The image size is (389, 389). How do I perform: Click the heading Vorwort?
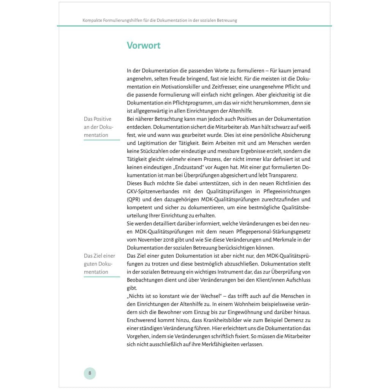pos(144,46)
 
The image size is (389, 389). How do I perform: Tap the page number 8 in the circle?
pos(90,373)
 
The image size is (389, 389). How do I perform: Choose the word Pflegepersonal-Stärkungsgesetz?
pos(269,231)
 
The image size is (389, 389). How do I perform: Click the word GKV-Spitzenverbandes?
pos(153,191)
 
